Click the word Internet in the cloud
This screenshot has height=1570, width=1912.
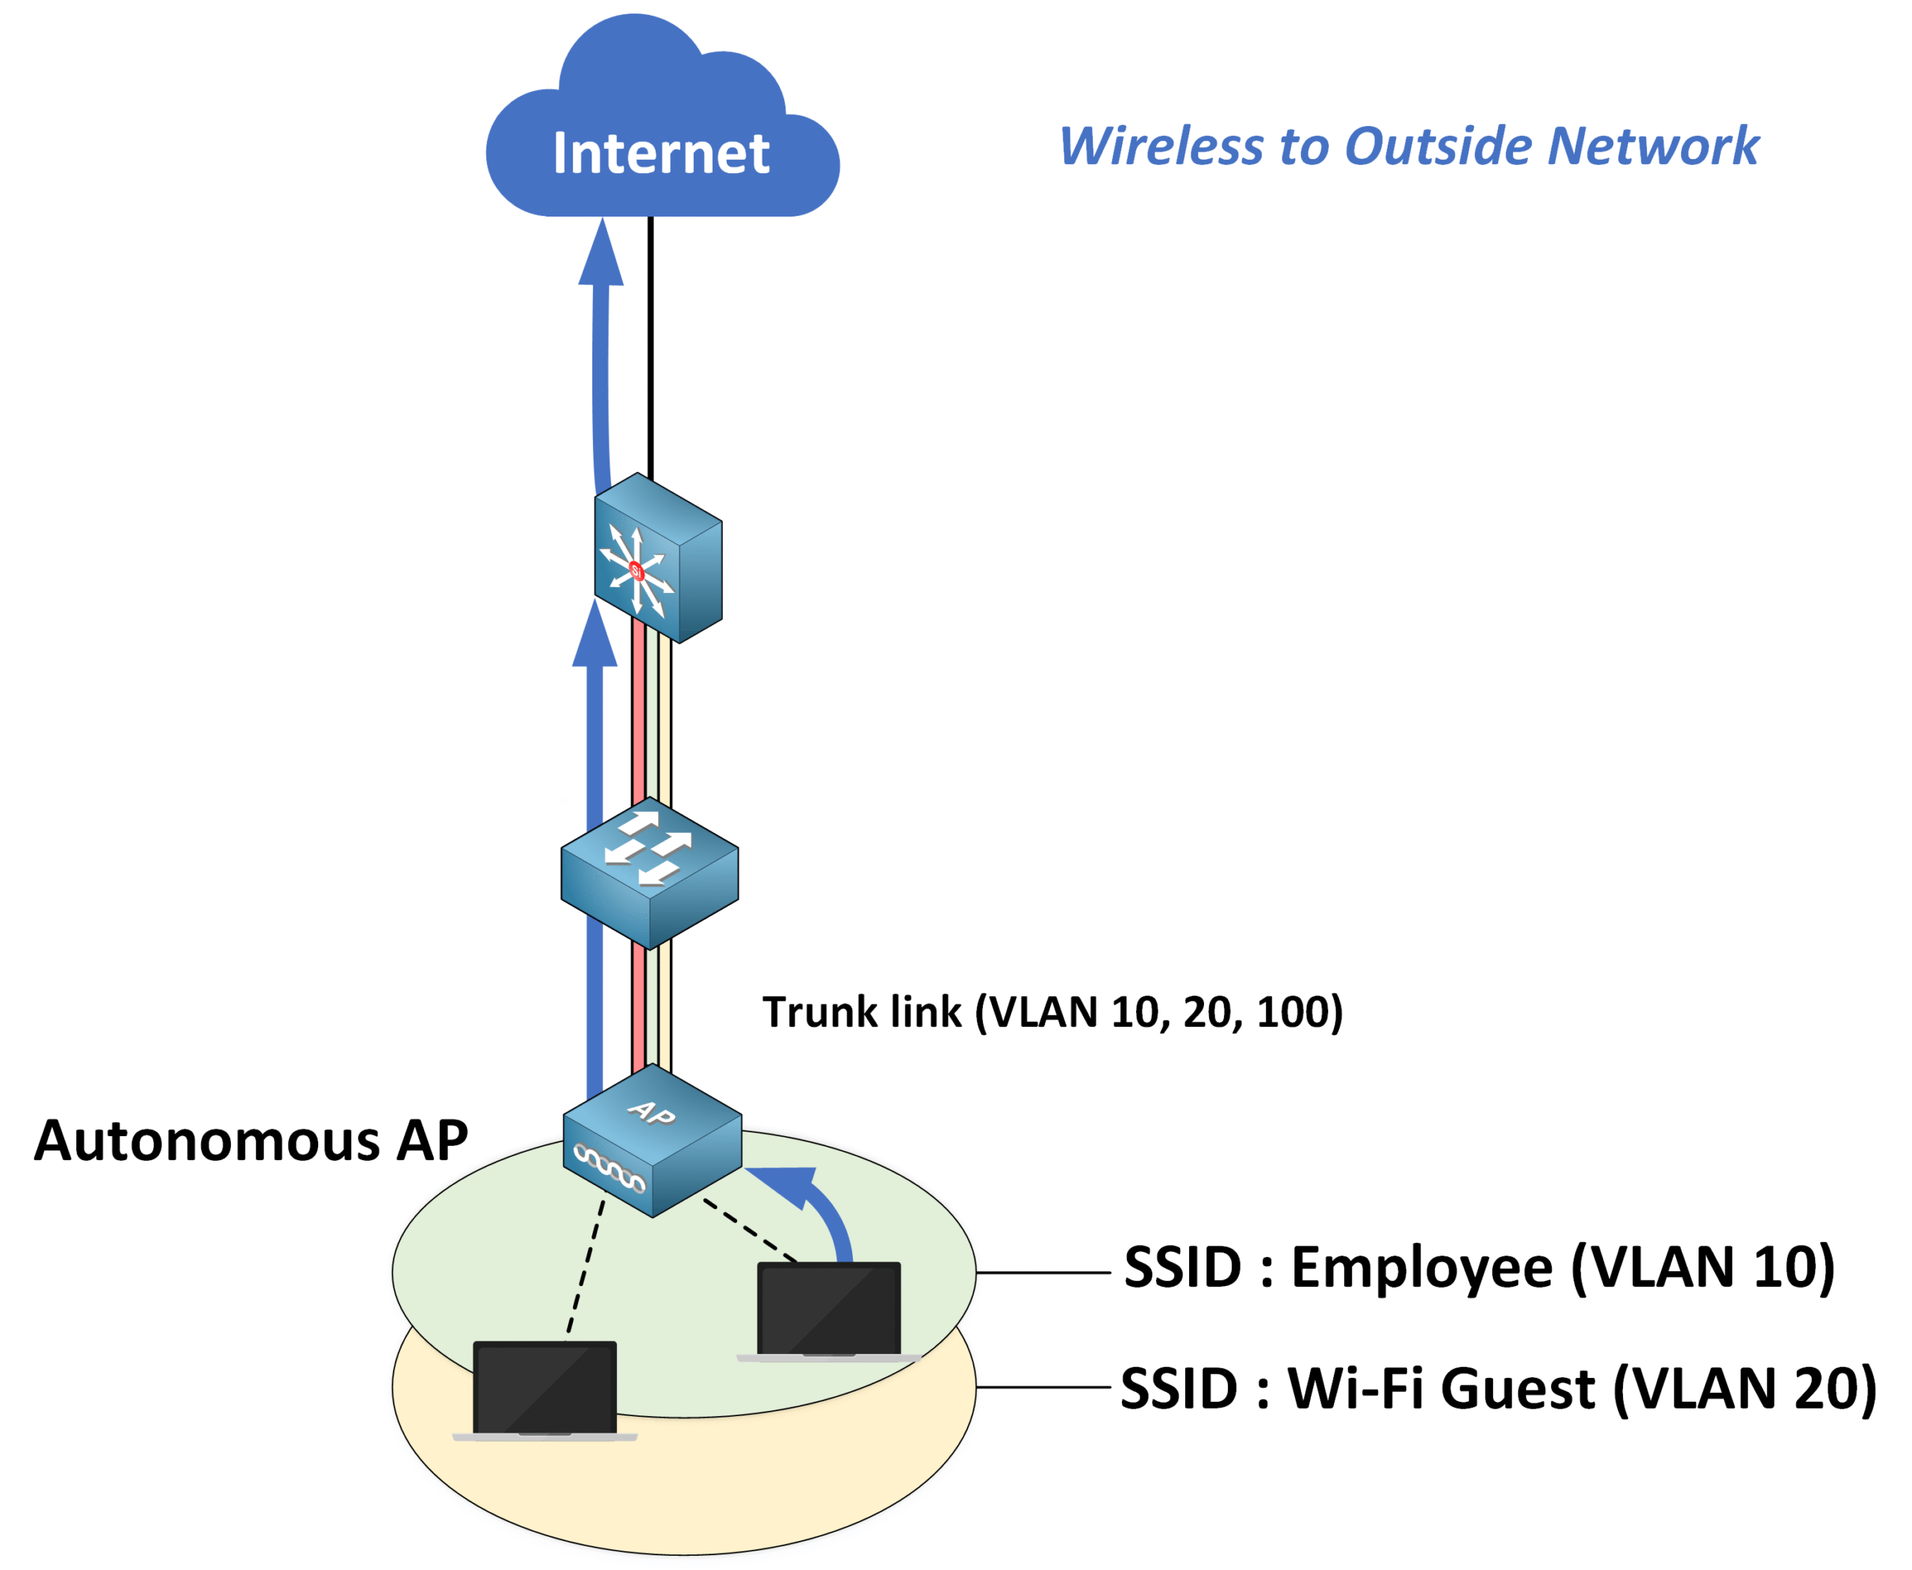pos(660,153)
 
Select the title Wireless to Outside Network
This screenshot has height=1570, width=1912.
pos(1408,146)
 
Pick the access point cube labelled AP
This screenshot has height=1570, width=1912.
pos(652,1141)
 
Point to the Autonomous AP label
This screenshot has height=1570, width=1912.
pos(250,1141)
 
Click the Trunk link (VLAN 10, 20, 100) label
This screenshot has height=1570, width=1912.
pos(1052,1012)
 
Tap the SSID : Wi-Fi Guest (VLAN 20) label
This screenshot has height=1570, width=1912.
pos(1497,1389)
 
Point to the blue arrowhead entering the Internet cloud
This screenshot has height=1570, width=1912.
pos(601,253)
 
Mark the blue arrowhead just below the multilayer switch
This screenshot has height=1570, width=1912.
pos(595,638)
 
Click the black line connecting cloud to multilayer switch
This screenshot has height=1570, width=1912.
pos(651,344)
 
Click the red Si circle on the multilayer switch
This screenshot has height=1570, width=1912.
pos(636,571)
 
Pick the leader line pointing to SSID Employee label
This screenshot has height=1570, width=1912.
pos(1043,1273)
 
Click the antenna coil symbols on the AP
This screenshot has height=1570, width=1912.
pos(609,1167)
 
